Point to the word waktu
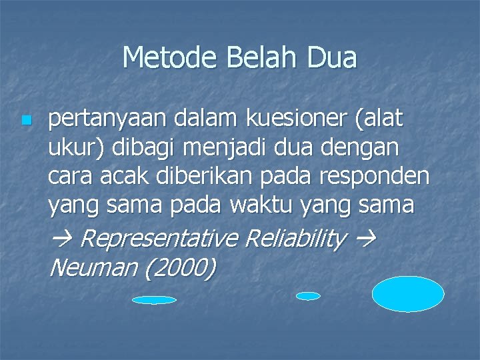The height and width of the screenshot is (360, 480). (258, 206)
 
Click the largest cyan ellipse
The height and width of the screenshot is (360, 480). (407, 294)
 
